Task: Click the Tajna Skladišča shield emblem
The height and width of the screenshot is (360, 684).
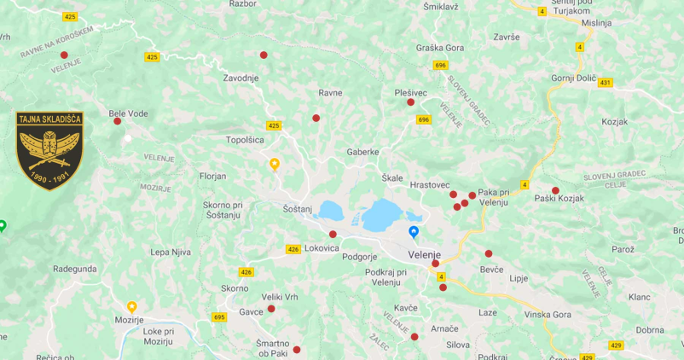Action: tap(50, 150)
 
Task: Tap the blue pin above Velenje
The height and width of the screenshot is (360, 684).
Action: tap(414, 231)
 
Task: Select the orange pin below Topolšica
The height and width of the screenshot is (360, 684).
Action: tap(275, 163)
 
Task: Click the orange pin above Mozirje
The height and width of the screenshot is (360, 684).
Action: tap(132, 306)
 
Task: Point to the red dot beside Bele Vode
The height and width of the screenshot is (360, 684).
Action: tap(118, 121)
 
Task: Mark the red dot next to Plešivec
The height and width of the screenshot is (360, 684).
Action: tap(410, 102)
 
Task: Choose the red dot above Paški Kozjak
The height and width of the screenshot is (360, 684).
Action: tap(555, 190)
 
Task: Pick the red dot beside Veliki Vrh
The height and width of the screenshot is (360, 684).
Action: tap(271, 309)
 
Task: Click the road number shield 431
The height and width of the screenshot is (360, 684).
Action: tap(606, 83)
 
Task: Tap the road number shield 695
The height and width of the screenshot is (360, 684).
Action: tap(219, 317)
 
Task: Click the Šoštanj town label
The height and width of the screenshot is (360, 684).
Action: tap(298, 208)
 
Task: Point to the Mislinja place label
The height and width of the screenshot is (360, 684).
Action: tap(597, 23)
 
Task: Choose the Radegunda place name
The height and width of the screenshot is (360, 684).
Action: tap(75, 267)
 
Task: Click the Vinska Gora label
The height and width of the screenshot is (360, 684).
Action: tap(548, 314)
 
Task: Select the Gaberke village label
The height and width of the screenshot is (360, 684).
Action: tap(362, 151)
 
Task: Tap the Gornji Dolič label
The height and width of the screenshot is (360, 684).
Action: tap(573, 78)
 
